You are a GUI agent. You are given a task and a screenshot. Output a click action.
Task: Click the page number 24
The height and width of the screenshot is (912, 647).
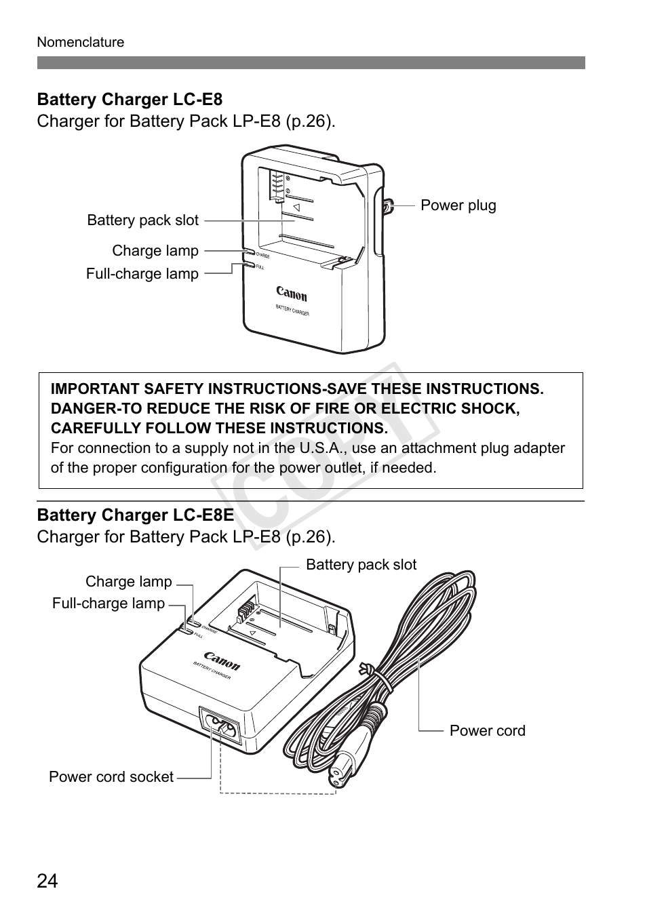(x=47, y=881)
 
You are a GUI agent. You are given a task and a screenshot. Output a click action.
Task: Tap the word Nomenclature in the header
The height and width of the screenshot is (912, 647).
(x=81, y=42)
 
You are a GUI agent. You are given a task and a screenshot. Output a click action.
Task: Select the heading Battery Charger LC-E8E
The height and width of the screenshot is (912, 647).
(x=135, y=515)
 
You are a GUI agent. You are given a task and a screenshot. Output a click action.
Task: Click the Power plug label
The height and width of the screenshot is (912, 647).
(x=458, y=205)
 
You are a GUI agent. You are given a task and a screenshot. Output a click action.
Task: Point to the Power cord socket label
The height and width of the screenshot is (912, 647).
(x=111, y=777)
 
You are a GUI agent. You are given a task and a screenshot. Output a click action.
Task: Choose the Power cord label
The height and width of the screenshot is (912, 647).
(x=487, y=731)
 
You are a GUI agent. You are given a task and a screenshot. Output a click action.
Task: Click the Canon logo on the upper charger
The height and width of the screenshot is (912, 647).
(x=292, y=293)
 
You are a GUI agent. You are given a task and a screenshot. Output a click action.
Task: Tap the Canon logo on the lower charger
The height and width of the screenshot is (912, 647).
(x=222, y=660)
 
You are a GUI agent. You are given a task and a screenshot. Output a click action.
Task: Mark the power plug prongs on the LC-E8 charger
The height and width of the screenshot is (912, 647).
(x=388, y=205)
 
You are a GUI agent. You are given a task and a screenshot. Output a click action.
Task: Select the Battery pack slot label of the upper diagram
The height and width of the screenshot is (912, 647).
(x=143, y=220)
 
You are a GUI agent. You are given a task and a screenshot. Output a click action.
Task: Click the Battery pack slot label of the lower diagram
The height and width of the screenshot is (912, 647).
(x=361, y=565)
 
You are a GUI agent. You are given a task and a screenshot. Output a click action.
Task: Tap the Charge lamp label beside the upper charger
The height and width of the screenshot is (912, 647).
(x=155, y=251)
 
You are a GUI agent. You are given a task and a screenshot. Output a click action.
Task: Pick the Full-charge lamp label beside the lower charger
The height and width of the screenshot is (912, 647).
(x=109, y=603)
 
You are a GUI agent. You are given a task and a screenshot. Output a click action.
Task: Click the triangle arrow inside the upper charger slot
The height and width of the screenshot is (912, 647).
(x=296, y=207)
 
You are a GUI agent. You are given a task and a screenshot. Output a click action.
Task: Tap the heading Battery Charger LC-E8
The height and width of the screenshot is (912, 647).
(x=130, y=100)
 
